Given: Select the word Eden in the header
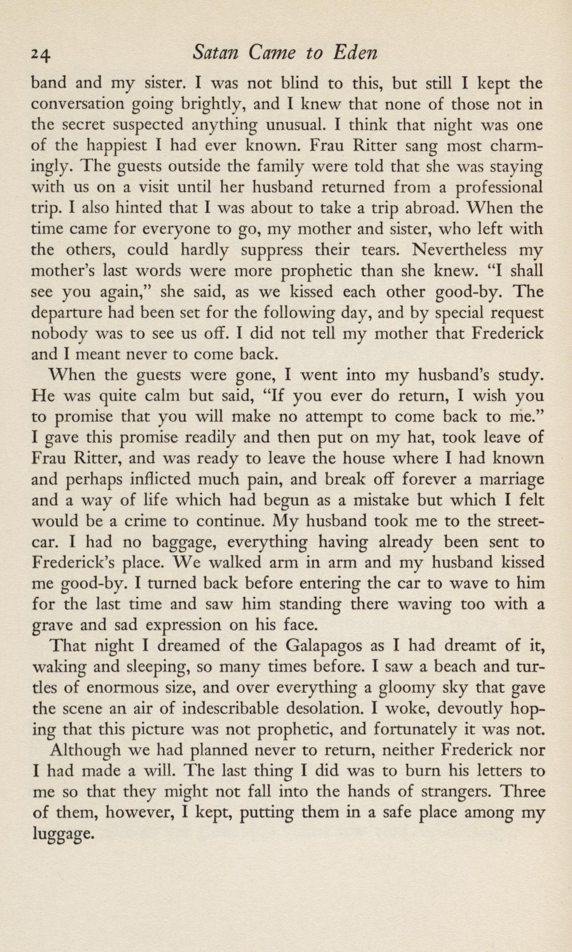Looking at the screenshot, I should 354,53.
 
